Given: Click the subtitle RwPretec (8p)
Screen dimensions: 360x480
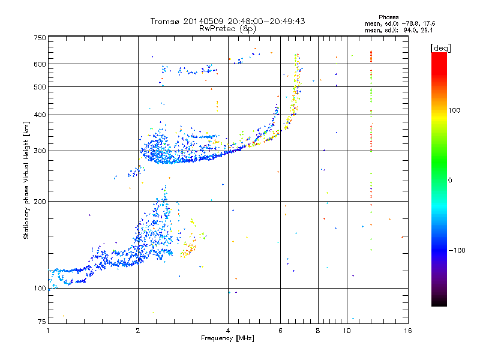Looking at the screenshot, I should [x=228, y=28].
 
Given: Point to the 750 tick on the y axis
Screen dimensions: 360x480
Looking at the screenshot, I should [x=40, y=37].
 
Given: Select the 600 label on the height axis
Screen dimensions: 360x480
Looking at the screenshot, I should [x=40, y=64].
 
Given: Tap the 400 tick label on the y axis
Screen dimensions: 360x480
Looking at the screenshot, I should [x=40, y=115].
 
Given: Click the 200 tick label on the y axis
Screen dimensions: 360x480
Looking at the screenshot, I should [x=40, y=202].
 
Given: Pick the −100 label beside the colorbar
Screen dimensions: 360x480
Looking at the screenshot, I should [x=460, y=250].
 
